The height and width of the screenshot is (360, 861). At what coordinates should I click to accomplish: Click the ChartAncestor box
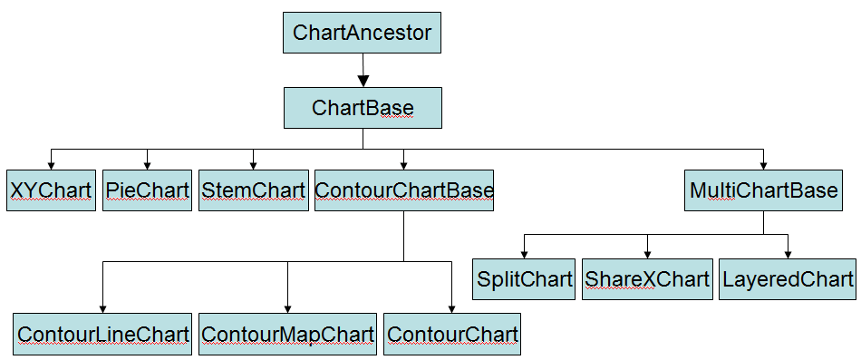(x=362, y=34)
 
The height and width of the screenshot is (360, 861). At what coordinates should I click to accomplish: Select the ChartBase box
(x=363, y=108)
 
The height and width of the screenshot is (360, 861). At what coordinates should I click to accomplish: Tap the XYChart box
(x=51, y=190)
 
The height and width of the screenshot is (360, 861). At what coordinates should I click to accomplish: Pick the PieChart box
(x=147, y=190)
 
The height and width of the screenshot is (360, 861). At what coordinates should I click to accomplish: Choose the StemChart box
(x=253, y=190)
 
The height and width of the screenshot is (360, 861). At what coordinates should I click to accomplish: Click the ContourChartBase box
(x=404, y=190)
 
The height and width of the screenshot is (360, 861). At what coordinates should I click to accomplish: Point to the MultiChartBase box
(x=763, y=190)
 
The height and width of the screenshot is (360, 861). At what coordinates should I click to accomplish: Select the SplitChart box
(x=524, y=278)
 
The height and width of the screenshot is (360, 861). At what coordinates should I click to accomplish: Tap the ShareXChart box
(x=646, y=278)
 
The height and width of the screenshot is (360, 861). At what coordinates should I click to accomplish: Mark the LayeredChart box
(x=788, y=278)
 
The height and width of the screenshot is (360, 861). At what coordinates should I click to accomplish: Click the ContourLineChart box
(x=102, y=334)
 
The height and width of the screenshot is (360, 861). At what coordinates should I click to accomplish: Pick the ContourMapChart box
(x=287, y=334)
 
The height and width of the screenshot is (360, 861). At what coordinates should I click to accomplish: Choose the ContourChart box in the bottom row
(x=452, y=334)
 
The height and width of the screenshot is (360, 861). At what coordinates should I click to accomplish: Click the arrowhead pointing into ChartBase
(x=363, y=81)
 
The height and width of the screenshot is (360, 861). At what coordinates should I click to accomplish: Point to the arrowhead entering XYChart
(x=51, y=163)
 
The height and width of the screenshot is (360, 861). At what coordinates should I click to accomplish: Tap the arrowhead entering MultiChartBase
(x=763, y=163)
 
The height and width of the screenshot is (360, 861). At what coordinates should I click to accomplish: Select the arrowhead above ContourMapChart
(x=287, y=306)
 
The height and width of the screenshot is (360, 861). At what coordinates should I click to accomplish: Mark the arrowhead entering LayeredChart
(x=788, y=252)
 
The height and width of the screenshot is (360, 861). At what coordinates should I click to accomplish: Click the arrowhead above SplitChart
(x=524, y=252)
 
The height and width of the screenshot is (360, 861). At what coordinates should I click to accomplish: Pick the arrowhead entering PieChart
(x=147, y=163)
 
